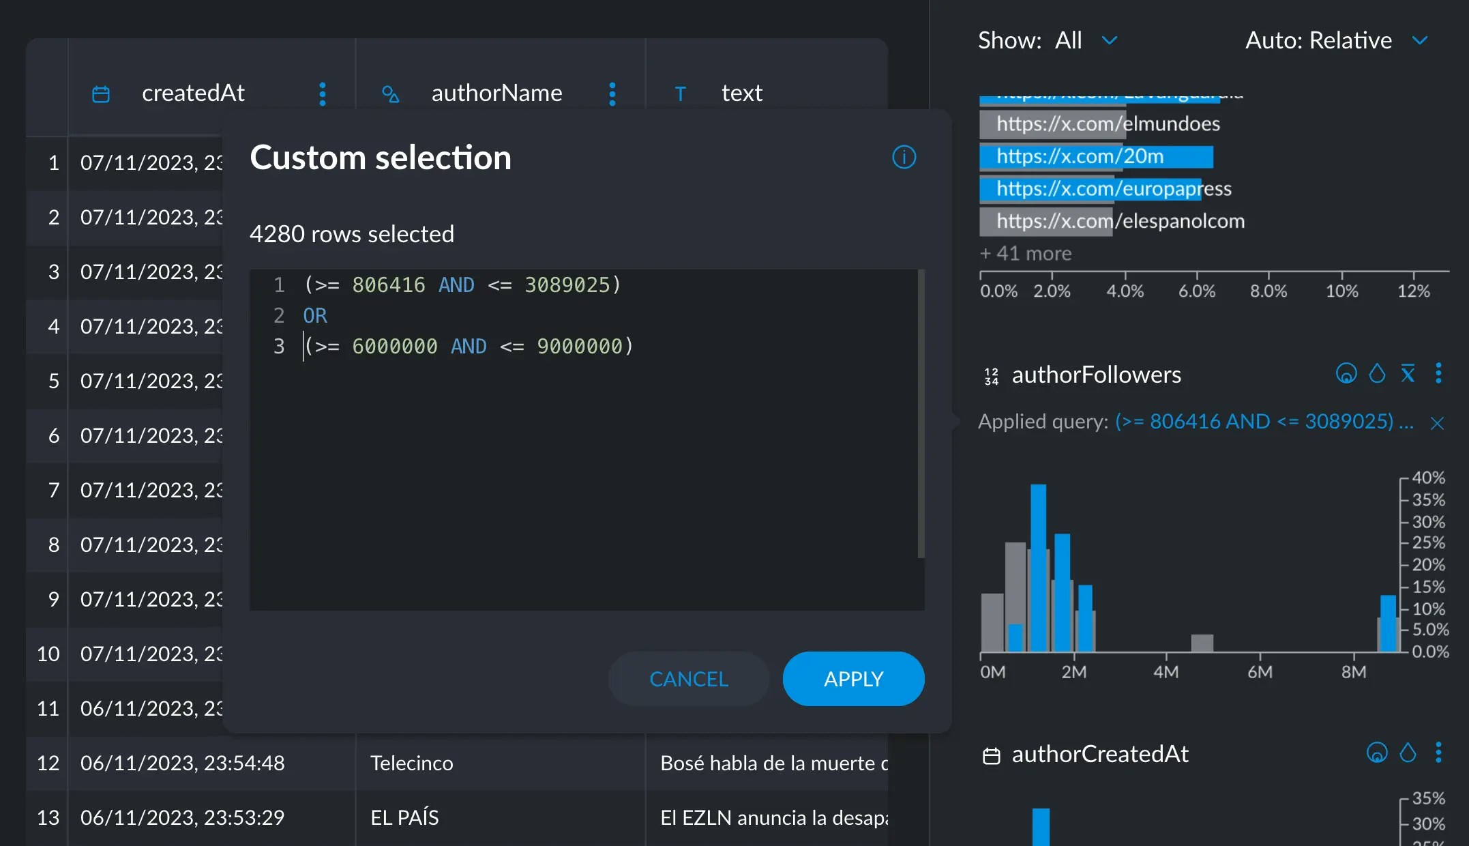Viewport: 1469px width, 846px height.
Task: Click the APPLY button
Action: tap(853, 679)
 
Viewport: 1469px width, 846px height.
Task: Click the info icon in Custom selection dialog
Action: tap(904, 158)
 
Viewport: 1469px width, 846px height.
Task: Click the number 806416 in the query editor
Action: tap(388, 285)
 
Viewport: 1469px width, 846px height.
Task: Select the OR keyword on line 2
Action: tap(315, 315)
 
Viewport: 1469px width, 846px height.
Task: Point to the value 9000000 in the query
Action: tap(579, 346)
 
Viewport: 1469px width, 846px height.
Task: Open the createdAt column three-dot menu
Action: tap(323, 93)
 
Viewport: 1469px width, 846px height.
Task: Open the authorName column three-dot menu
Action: tap(612, 93)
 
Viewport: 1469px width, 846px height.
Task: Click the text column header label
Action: tap(741, 93)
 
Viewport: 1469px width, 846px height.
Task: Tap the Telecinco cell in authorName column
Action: tap(411, 763)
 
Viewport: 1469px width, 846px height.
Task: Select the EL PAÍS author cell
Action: tap(404, 817)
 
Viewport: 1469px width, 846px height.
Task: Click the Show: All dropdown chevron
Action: tap(1110, 40)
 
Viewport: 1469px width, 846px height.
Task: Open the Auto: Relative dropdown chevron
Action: tap(1419, 40)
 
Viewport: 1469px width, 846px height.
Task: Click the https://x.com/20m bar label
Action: tap(1080, 156)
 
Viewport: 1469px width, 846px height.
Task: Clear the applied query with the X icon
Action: tap(1437, 423)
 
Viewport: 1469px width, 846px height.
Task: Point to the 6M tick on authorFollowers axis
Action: tap(1260, 672)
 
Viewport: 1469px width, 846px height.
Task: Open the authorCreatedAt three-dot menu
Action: tap(1438, 753)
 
